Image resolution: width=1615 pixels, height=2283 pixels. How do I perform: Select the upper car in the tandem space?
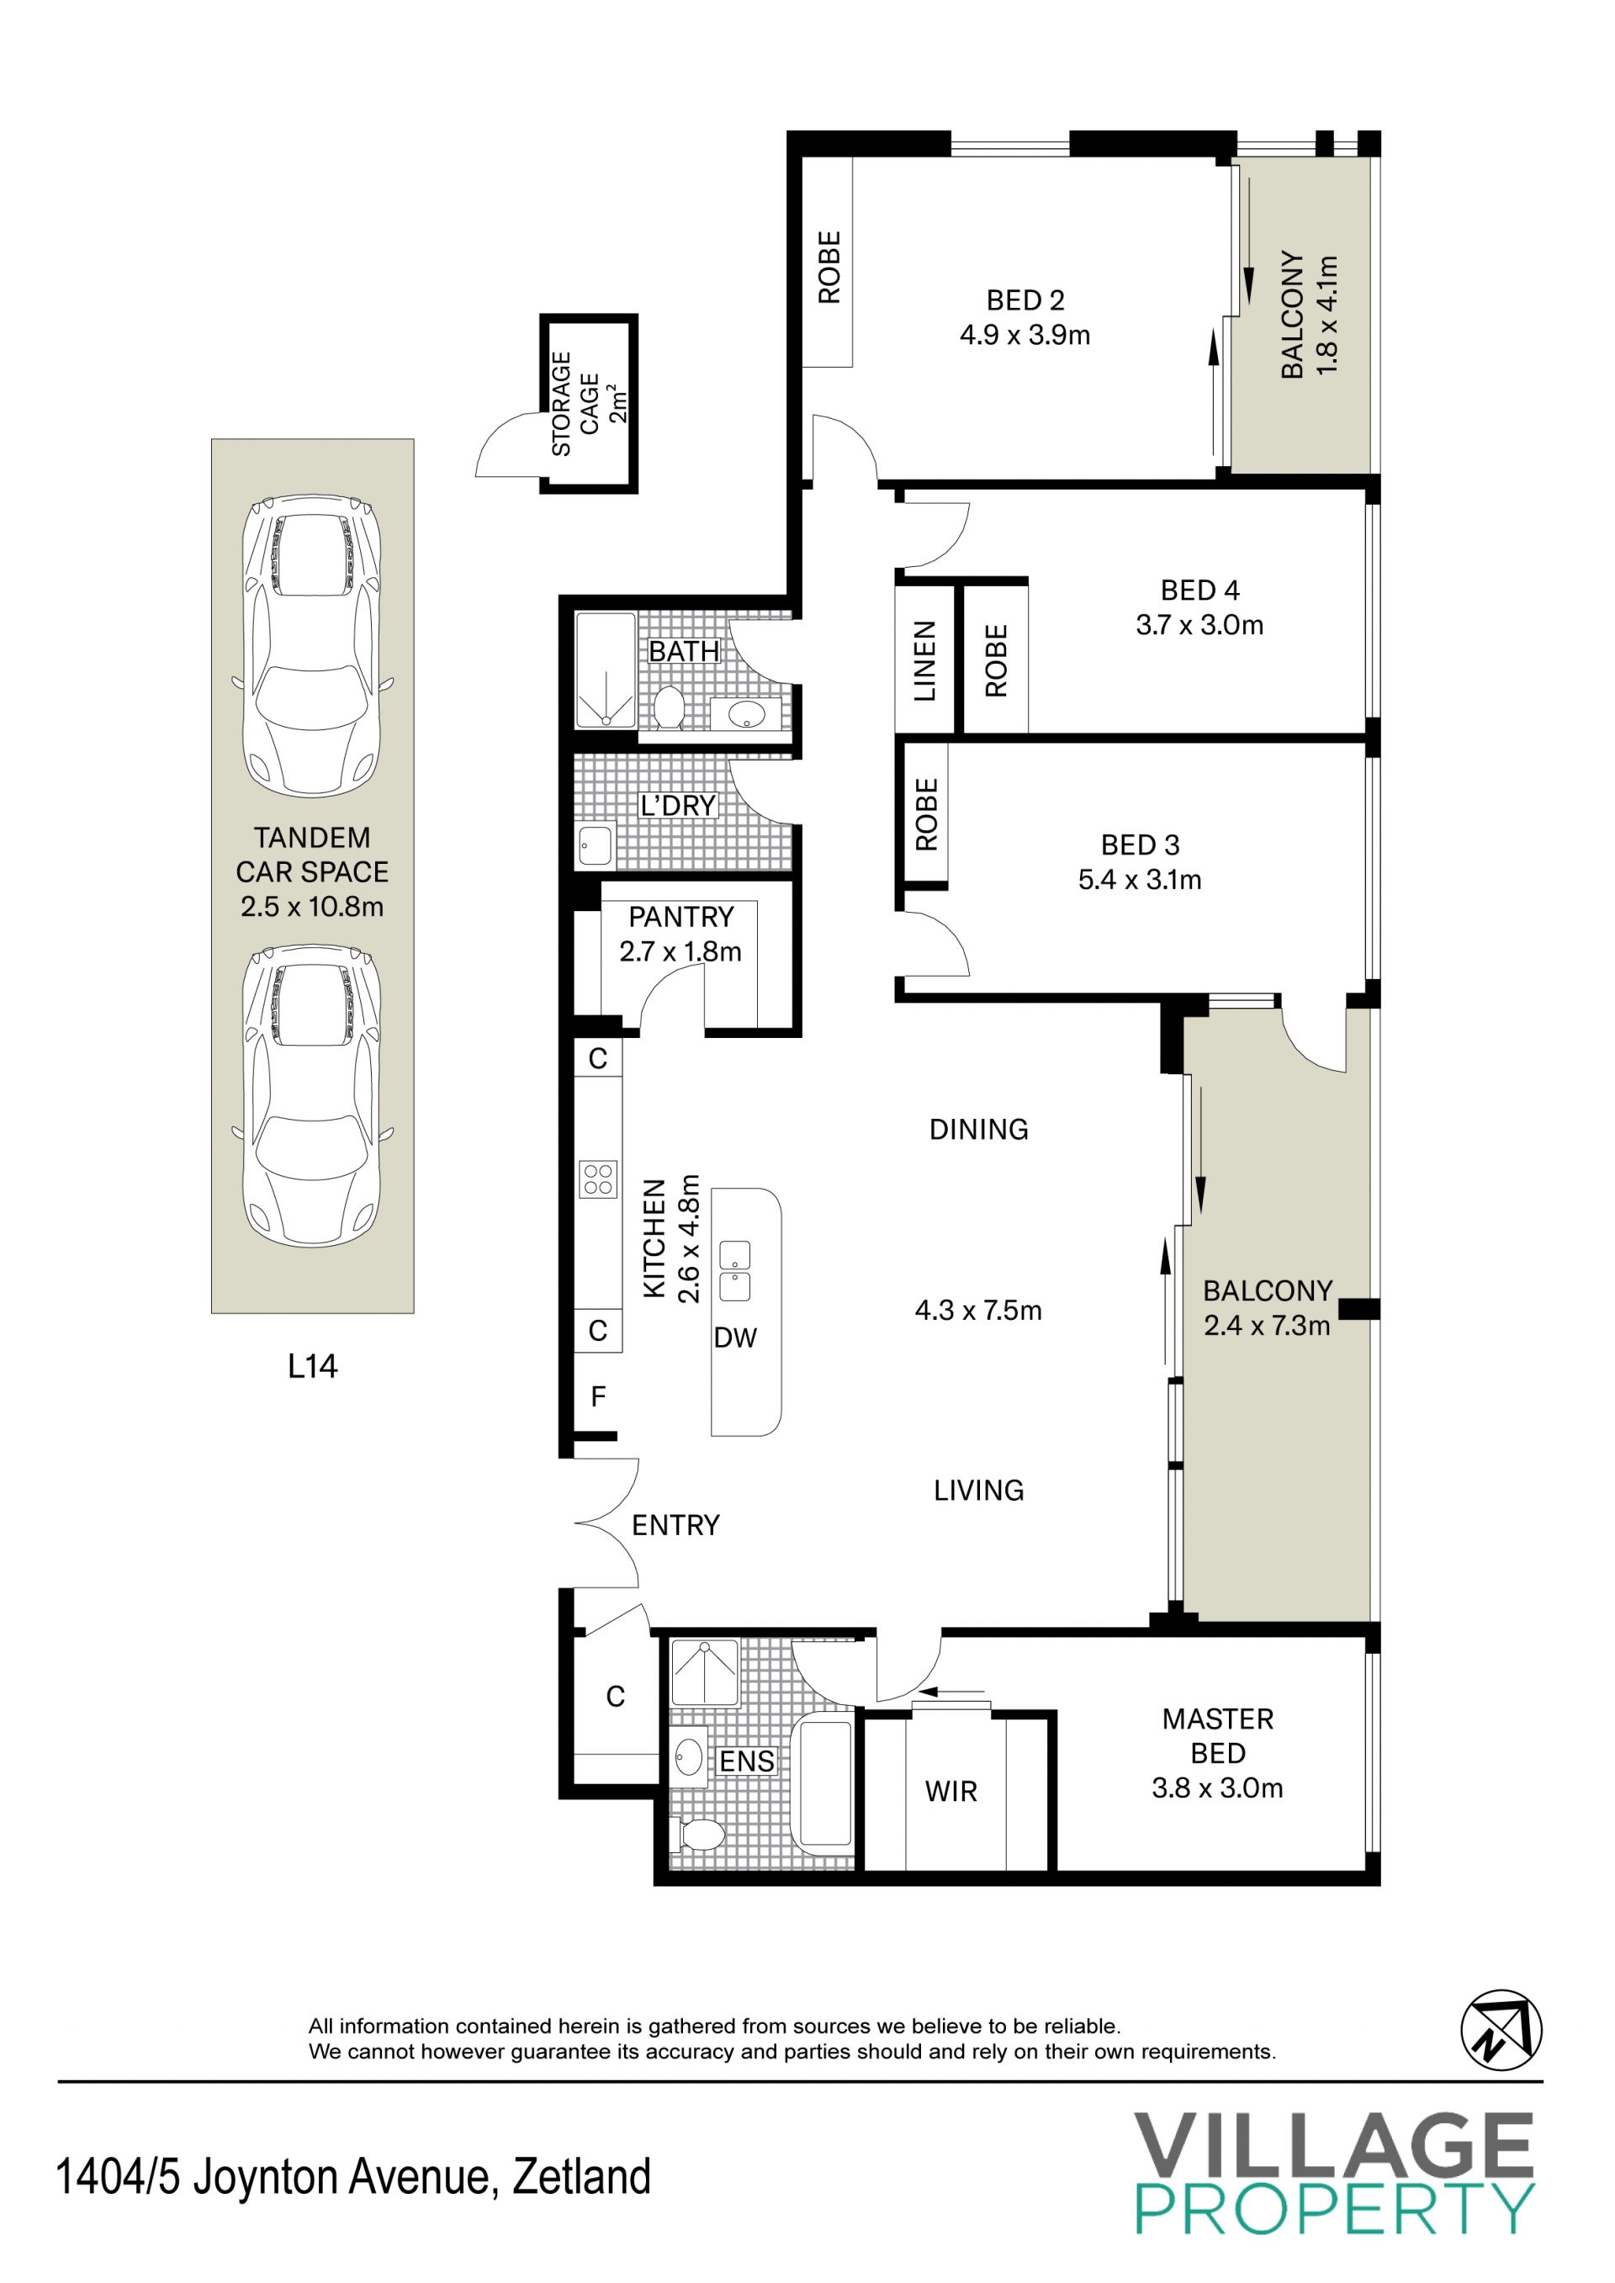tap(312, 645)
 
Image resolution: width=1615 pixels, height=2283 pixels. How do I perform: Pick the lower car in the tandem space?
tap(312, 1096)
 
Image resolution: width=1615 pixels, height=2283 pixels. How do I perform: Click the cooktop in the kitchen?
tap(599, 1179)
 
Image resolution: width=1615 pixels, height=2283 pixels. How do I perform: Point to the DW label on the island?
tap(735, 1337)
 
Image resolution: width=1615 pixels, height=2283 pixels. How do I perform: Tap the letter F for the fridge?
tap(598, 1397)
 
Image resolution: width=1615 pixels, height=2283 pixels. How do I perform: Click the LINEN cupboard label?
tap(925, 661)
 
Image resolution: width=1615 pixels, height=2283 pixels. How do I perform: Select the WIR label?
tap(950, 1792)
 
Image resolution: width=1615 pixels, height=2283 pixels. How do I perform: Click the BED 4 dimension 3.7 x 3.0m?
tap(1199, 626)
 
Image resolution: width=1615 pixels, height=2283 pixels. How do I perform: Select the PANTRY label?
tap(681, 917)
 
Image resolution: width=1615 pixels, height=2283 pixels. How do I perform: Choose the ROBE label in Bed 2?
tap(829, 267)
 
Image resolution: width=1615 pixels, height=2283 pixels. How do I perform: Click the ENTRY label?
tap(675, 1525)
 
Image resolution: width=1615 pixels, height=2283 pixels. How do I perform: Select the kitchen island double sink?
tap(735, 1272)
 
